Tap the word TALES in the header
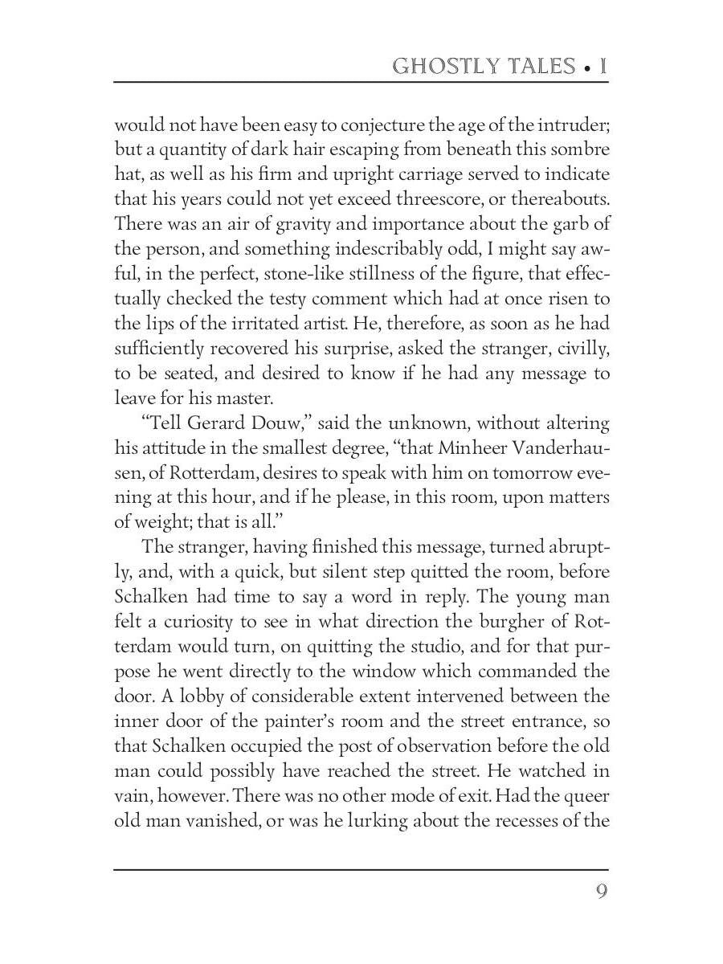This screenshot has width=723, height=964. [x=537, y=66]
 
